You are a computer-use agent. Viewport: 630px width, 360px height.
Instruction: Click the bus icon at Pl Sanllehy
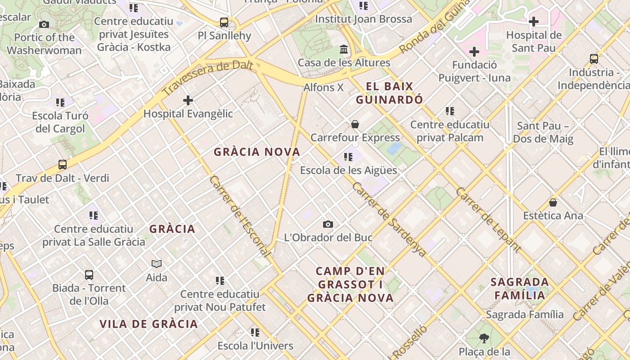coord(224,22)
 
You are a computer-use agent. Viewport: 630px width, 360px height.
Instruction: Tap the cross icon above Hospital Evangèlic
coord(188,100)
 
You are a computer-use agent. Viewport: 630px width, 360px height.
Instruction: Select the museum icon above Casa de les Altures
coord(344,49)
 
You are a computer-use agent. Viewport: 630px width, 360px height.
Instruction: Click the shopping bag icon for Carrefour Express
coord(355,124)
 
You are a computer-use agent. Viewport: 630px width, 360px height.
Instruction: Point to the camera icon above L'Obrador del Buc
coord(328,224)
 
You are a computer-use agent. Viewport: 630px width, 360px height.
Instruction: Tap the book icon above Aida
coord(157,264)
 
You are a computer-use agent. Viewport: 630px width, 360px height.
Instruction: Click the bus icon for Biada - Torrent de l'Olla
coord(89,274)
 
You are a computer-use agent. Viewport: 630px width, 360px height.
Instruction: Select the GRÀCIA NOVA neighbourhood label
coord(257,152)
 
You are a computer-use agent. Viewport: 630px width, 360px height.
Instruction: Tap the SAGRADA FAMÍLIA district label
coord(520,288)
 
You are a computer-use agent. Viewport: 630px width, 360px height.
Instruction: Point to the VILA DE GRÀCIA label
coord(148,324)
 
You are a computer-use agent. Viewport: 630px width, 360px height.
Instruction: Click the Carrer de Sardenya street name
coord(389,220)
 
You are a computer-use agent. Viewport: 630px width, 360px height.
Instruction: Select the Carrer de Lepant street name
coord(488,220)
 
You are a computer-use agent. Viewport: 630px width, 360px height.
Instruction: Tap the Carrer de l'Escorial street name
coord(240,216)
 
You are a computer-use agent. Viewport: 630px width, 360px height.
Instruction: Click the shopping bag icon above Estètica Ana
coord(553,202)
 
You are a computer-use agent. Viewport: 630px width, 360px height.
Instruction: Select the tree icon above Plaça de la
coord(484,338)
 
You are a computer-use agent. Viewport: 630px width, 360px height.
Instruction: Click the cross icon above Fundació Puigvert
coord(474,52)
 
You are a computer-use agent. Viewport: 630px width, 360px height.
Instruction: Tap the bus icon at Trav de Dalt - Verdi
coord(63,165)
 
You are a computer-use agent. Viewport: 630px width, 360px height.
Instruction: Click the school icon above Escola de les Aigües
coord(348,157)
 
